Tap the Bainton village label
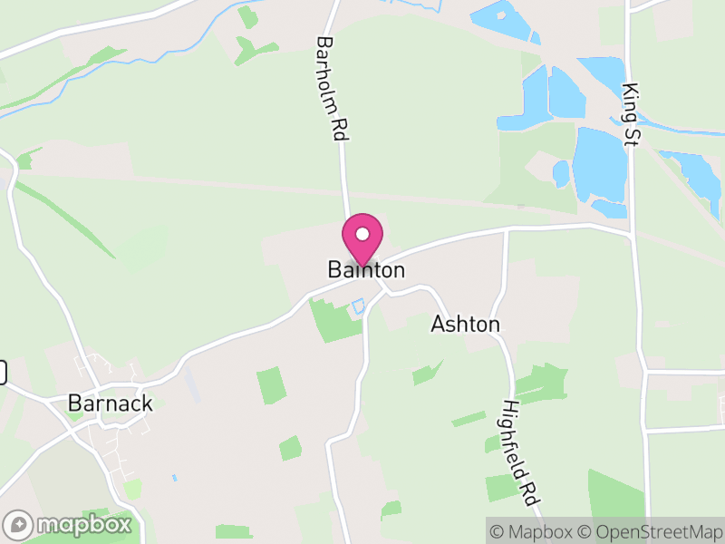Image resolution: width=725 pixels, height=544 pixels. click(x=366, y=270)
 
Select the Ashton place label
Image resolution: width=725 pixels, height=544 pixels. click(x=465, y=325)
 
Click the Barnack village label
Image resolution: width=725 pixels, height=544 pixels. click(x=110, y=403)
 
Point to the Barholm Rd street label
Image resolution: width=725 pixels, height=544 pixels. click(x=333, y=88)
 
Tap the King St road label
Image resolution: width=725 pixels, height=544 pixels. click(x=631, y=114)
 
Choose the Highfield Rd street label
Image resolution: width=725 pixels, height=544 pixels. click(x=522, y=452)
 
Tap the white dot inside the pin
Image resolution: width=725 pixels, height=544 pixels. click(x=362, y=234)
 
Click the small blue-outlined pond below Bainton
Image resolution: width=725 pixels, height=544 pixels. click(x=358, y=306)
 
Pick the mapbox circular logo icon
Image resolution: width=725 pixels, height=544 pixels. click(x=18, y=524)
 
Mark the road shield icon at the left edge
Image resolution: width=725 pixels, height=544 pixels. click(x=3, y=372)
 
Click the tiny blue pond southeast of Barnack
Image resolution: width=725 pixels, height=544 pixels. click(x=173, y=477)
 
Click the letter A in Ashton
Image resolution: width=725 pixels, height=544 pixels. click(x=439, y=325)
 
